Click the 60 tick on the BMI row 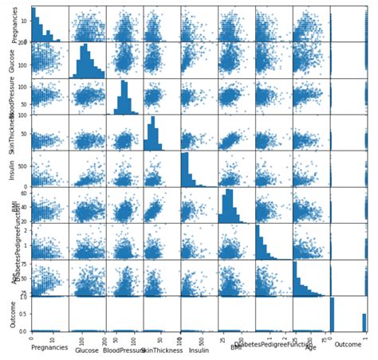(x=25, y=193)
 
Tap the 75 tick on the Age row (x=25, y=261)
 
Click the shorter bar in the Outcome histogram (x=364, y=322)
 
